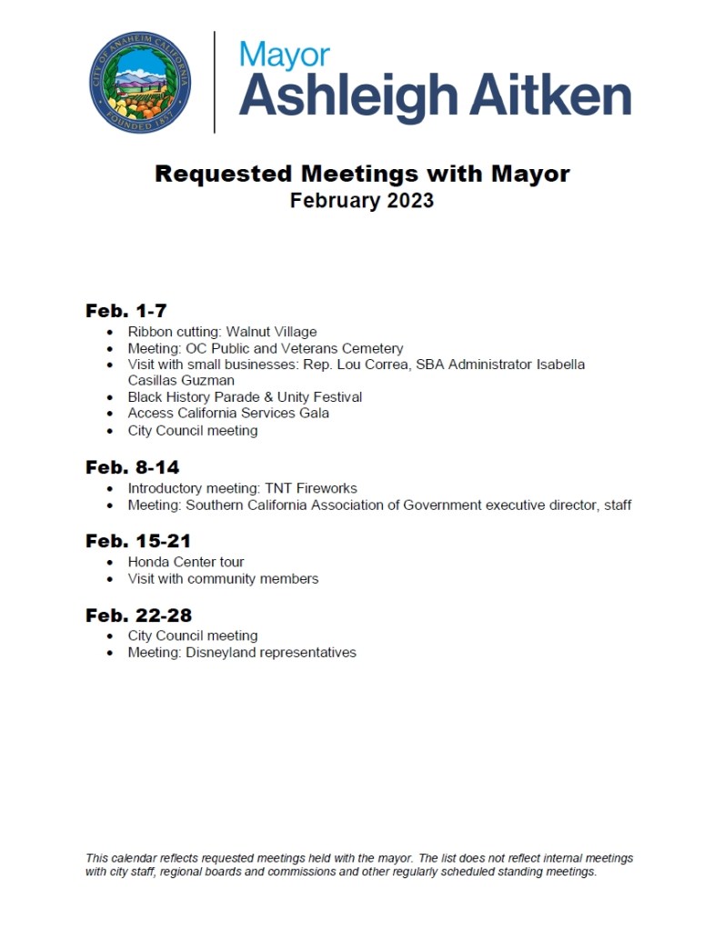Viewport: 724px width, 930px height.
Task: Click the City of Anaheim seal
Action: coord(141,82)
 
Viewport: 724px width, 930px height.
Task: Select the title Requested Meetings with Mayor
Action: coord(362,173)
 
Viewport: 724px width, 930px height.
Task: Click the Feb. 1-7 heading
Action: coord(126,310)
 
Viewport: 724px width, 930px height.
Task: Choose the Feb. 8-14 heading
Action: coord(133,467)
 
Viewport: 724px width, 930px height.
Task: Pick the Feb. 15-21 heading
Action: coord(138,541)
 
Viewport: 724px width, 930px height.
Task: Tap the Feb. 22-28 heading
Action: coord(138,615)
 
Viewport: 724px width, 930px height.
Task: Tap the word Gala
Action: coord(314,414)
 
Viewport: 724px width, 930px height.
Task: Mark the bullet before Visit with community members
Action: coord(111,579)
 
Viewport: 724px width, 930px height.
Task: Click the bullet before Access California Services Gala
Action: coord(111,414)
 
